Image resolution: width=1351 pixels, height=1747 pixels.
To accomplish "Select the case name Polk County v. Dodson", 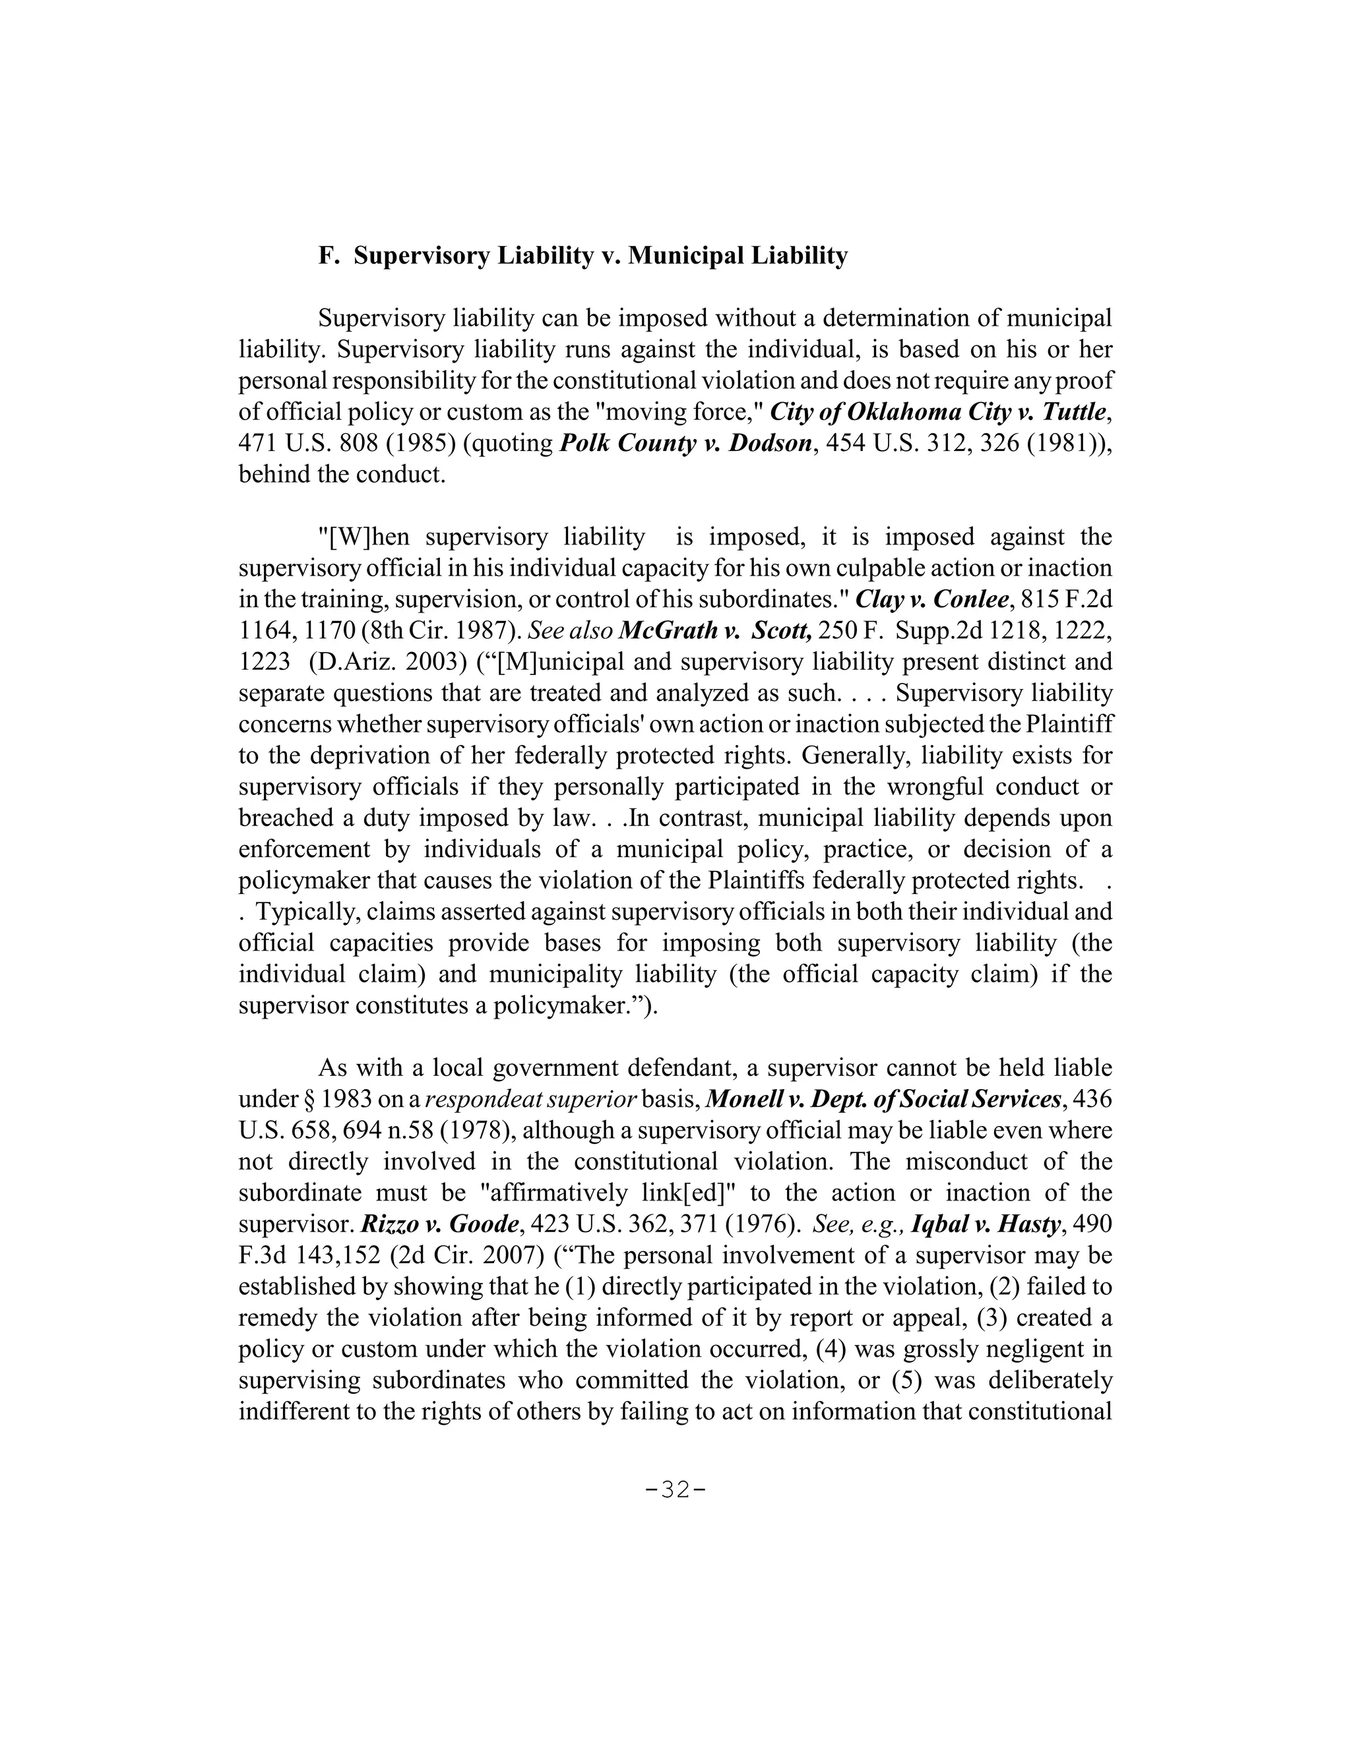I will (x=685, y=443).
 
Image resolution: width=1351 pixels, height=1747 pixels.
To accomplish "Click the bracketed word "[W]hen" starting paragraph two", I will (x=364, y=537).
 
